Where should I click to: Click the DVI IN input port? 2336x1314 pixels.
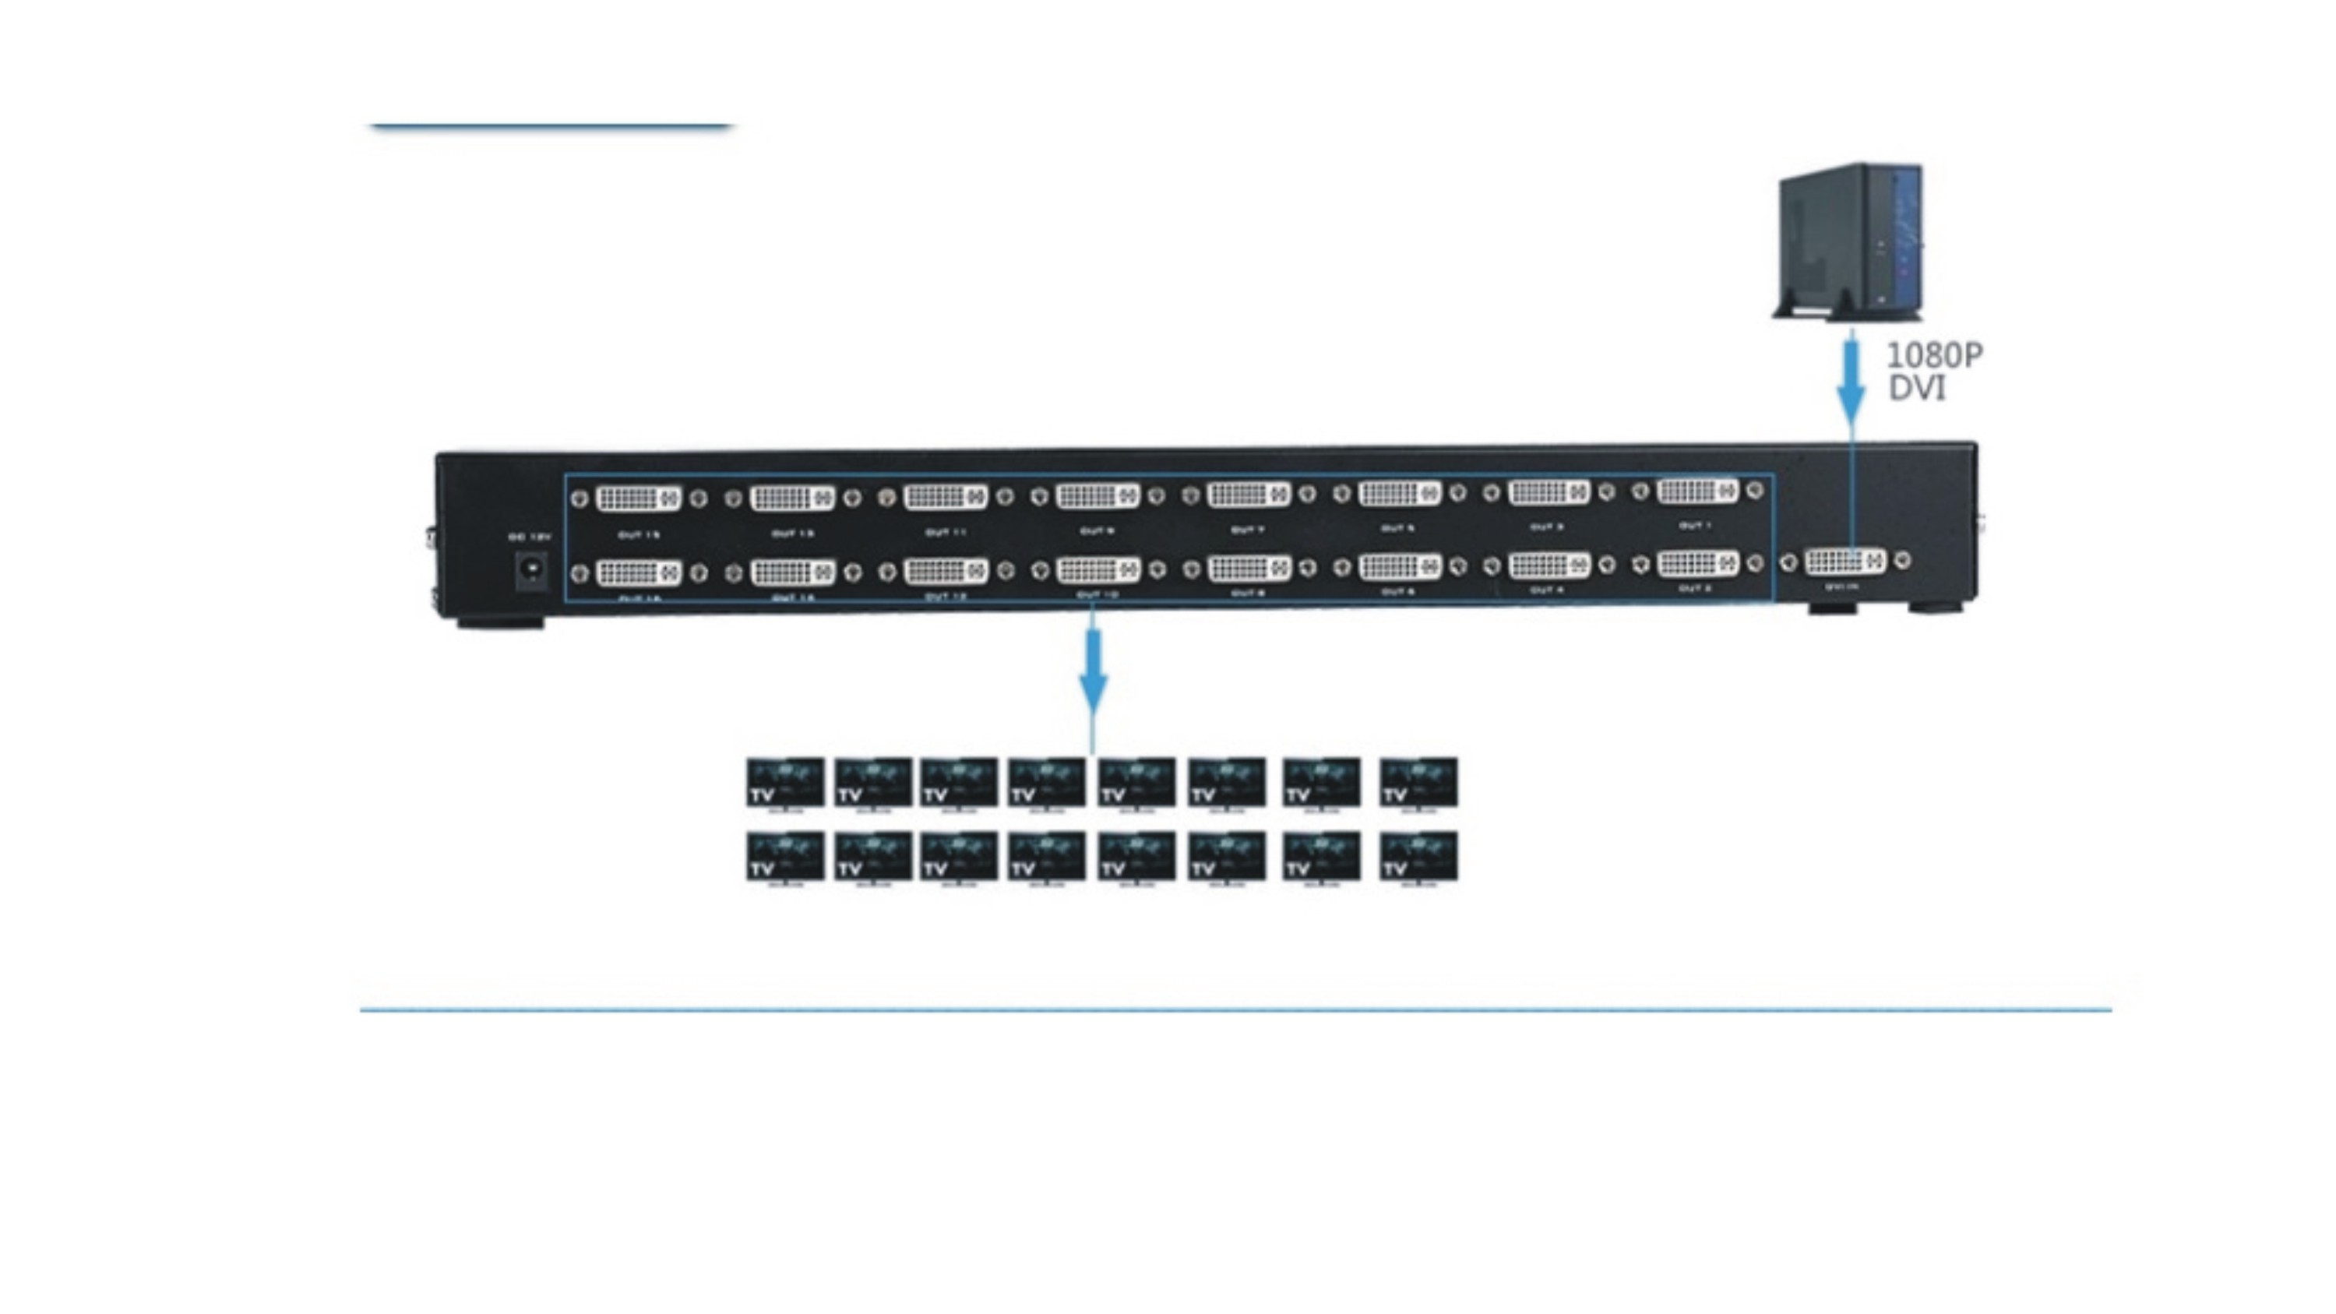coord(1844,562)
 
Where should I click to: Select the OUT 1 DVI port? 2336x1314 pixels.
coord(1697,491)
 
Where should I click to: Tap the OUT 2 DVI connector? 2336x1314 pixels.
coord(1697,564)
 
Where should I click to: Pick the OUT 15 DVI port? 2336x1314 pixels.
coord(639,498)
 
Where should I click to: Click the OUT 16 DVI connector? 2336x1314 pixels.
coord(639,573)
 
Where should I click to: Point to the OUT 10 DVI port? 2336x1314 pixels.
coord(1098,570)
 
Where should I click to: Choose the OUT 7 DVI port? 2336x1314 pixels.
coord(1249,495)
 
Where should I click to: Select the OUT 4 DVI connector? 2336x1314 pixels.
coord(1549,565)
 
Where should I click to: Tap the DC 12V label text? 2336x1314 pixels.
coord(530,537)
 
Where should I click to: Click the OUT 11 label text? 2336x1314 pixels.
coord(945,532)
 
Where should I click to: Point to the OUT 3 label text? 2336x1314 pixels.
coord(1546,527)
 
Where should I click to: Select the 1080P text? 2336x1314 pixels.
coord(1934,355)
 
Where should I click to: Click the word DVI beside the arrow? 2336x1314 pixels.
coord(1917,388)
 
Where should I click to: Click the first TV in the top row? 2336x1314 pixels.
coord(785,783)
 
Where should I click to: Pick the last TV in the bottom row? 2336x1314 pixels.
coord(1418,856)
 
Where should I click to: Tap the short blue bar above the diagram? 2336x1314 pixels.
coord(551,126)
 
